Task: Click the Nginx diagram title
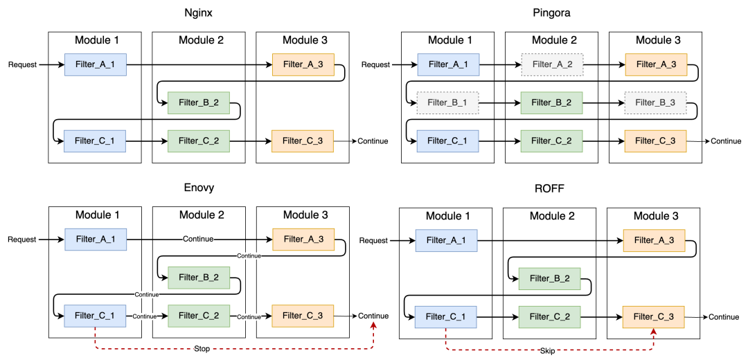tap(198, 12)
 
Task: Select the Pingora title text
tap(551, 12)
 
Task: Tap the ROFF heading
tap(549, 188)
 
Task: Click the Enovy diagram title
tap(199, 188)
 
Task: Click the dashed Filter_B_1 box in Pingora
tap(447, 102)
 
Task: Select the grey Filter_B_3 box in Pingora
tap(655, 102)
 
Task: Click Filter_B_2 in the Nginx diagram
tap(199, 102)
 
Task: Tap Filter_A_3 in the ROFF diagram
tap(654, 240)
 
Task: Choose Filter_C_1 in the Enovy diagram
tap(96, 316)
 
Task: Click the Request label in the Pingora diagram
tap(375, 64)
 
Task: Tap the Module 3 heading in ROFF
tap(654, 216)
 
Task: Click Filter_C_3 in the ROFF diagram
tap(654, 317)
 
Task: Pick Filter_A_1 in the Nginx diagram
tap(96, 64)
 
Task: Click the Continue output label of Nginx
tap(373, 141)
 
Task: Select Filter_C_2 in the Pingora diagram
tap(551, 141)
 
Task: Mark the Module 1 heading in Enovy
tap(96, 215)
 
